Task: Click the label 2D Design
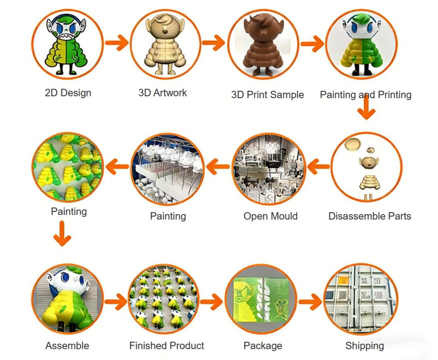click(x=68, y=93)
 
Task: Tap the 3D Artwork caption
click(x=162, y=93)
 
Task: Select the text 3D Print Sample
click(x=267, y=95)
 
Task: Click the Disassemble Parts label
click(x=370, y=216)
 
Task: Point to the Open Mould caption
click(x=270, y=216)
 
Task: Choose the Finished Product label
click(x=167, y=346)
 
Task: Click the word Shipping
click(x=364, y=346)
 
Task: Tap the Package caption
click(x=263, y=346)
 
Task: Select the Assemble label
click(x=67, y=346)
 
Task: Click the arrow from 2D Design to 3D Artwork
click(x=117, y=43)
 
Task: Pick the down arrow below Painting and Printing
click(x=366, y=107)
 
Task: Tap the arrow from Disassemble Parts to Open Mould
click(x=318, y=167)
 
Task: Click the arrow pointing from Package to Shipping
click(x=311, y=302)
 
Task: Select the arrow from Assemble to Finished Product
click(x=116, y=302)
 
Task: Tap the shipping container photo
click(x=360, y=299)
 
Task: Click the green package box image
click(x=261, y=299)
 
